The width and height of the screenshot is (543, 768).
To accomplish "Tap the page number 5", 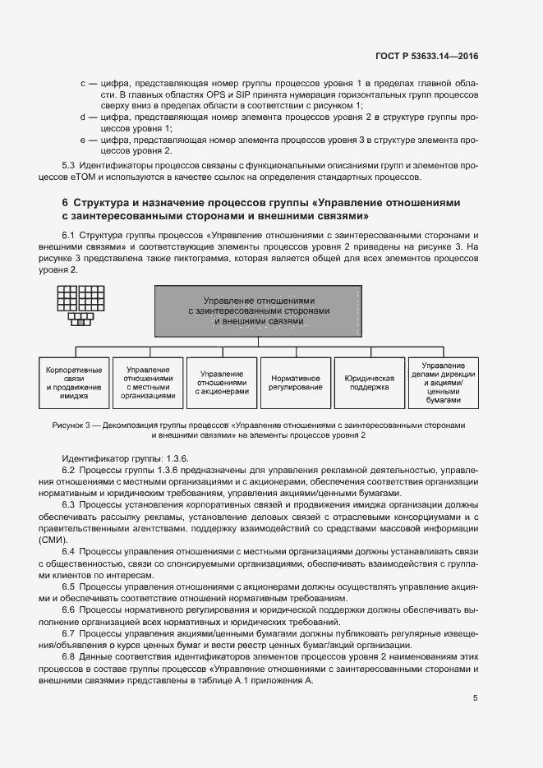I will coord(475,698).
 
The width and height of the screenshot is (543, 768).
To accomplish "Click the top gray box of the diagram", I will coord(258,310).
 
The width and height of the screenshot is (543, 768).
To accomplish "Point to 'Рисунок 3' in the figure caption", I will coord(71,426).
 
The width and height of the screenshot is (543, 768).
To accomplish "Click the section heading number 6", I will coord(65,203).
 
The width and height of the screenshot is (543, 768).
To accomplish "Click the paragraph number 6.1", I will coord(69,235).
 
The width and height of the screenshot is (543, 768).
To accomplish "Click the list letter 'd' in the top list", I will coord(83,117).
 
